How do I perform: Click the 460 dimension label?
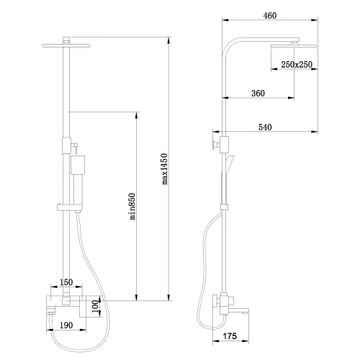point(270,16)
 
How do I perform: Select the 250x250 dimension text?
point(297,64)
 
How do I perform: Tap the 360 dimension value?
point(258,93)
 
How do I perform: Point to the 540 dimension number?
point(265,127)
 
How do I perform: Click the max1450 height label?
point(164,169)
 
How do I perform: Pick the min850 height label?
point(132,207)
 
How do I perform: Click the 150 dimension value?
point(66,282)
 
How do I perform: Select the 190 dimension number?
point(66,325)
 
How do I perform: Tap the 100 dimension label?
point(95,306)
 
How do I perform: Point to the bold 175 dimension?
point(230,336)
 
